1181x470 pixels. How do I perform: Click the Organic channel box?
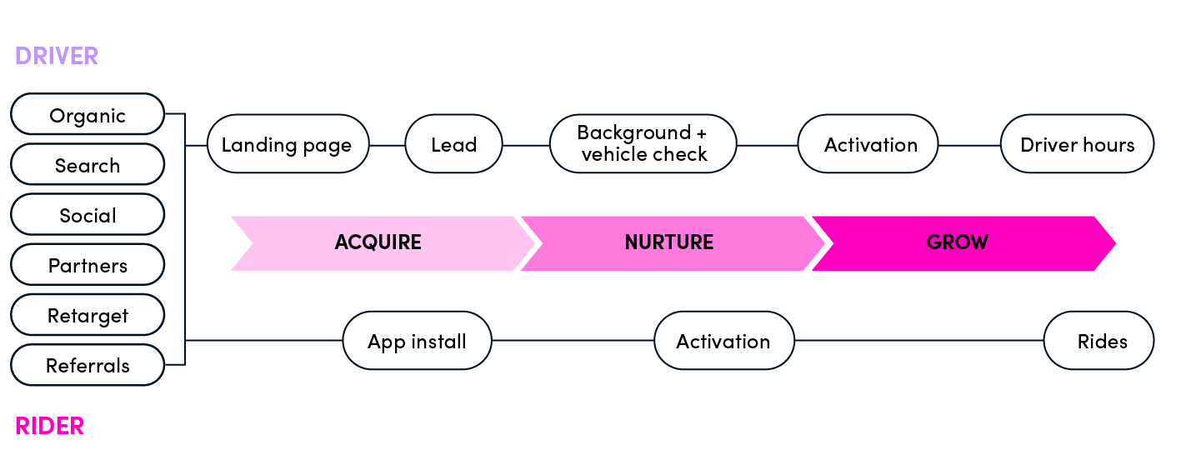point(88,114)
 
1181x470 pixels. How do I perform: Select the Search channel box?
point(88,164)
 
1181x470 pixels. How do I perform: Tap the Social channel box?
point(88,214)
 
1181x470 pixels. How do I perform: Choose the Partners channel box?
point(88,264)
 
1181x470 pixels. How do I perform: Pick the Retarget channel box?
point(88,314)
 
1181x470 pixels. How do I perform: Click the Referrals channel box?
point(88,365)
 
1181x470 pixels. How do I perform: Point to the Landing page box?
point(288,144)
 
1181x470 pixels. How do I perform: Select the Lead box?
point(453,144)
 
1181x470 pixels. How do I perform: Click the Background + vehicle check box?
point(643,144)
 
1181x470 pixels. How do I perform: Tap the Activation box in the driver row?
point(868,144)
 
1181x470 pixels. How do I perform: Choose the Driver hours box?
point(1077,144)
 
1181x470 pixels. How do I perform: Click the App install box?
point(417,340)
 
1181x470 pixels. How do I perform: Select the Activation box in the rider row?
point(724,340)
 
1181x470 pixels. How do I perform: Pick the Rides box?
point(1098,340)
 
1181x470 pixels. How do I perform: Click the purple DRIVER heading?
point(57,56)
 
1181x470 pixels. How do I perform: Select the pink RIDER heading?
point(49,426)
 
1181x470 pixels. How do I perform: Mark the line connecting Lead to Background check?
point(526,146)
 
